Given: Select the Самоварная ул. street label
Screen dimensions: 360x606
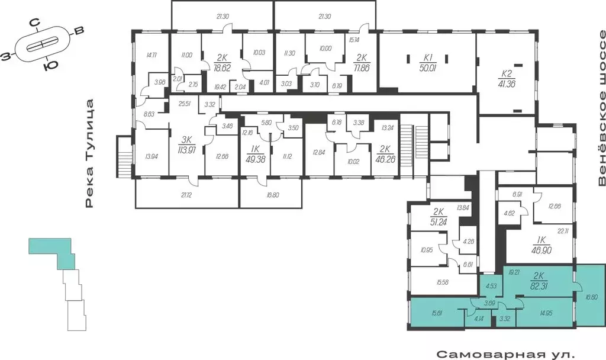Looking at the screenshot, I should click(505, 355).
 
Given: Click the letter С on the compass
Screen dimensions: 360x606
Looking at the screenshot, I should click(36, 23).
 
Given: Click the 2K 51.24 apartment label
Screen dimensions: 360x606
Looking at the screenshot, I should click(439, 218).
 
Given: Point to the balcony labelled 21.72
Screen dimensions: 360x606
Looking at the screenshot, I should click(186, 195).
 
